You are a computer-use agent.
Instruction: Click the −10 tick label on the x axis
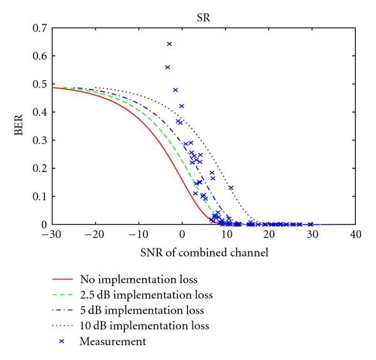138,234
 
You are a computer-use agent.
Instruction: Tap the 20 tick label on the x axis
269,234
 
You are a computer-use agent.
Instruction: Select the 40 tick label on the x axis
356,234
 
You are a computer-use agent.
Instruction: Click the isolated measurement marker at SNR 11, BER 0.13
231,188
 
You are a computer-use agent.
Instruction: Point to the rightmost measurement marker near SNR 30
311,224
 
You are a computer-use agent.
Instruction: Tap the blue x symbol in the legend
61,341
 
